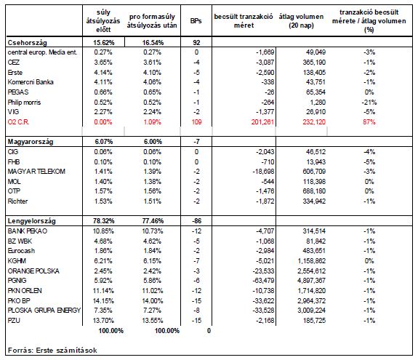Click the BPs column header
coord(196,21)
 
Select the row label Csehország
coord(27,43)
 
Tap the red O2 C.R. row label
coord(18,122)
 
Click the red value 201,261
coord(262,122)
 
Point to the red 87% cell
coord(369,122)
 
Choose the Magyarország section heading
coord(31,142)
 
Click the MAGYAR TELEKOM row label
coord(36,172)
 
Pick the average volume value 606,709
coord(314,172)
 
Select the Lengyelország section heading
coord(32,221)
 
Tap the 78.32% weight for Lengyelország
coord(104,221)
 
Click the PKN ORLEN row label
coord(25,291)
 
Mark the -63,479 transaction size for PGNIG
coord(263,281)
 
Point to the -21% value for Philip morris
coord(369,103)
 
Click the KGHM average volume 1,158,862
coord(312,261)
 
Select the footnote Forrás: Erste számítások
coord(52,351)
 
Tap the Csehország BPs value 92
coord(196,43)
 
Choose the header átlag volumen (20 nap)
coord(301,21)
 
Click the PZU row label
coord(14,321)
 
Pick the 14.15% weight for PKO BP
coord(103,301)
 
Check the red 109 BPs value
coord(197,122)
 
